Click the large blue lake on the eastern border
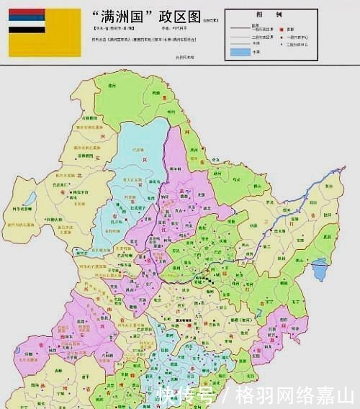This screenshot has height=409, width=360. coord(320,270)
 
